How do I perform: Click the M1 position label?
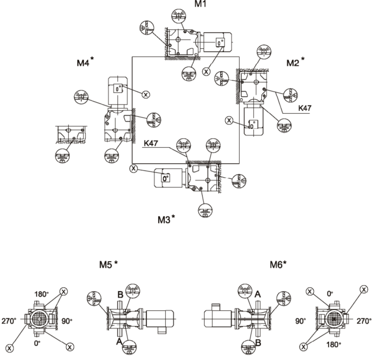[x=201, y=4]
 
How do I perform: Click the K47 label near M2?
[x=305, y=108]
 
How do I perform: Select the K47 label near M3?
[x=151, y=143]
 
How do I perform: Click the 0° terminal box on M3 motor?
[x=166, y=178]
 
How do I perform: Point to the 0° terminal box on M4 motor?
[x=118, y=88]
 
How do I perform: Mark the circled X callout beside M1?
[x=206, y=71]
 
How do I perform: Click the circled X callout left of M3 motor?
[x=133, y=168]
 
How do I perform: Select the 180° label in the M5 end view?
[x=42, y=294]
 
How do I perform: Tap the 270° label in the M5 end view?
[x=9, y=321]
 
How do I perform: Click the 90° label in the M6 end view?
[x=300, y=321]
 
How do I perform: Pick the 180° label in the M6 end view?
[x=334, y=344]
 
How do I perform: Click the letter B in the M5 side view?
[x=121, y=295]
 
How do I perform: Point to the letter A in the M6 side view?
[x=257, y=294]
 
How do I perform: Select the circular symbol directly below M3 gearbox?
[x=205, y=211]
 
